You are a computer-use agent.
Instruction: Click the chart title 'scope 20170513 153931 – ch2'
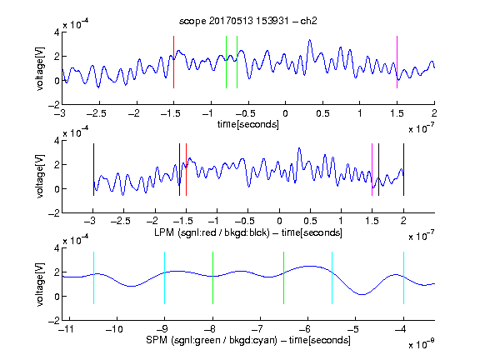[248, 21]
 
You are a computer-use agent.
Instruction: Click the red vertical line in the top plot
[173, 62]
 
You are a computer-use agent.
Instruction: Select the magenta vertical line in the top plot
[397, 62]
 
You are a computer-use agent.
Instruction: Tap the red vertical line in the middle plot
[186, 170]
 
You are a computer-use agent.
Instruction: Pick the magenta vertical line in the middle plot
[372, 170]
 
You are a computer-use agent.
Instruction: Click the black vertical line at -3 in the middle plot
[93, 170]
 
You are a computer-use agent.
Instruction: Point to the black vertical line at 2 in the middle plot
[403, 170]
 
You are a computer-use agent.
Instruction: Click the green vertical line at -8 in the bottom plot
[212, 278]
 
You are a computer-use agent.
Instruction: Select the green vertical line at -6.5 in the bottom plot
[284, 278]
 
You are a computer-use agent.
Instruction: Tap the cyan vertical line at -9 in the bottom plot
[165, 278]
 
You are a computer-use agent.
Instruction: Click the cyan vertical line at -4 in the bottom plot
[403, 278]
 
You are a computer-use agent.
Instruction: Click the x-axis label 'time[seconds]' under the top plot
[248, 125]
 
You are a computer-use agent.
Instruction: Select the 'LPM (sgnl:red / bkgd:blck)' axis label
[212, 232]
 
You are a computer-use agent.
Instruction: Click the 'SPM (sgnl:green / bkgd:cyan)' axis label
[212, 340]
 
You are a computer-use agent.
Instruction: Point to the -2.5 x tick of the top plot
[96, 113]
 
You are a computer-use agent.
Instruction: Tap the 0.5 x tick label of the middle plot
[310, 221]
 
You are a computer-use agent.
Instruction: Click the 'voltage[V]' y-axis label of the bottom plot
[40, 284]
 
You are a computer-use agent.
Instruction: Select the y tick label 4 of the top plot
[57, 32]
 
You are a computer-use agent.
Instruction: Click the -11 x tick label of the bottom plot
[67, 329]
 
